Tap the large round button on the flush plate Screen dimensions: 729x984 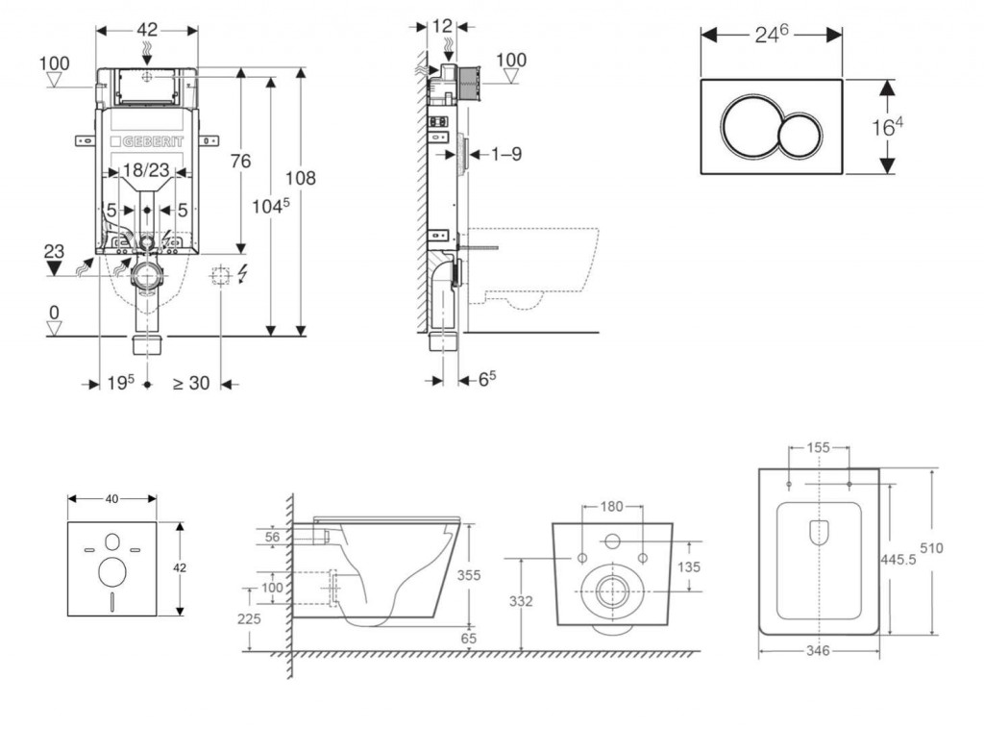747,127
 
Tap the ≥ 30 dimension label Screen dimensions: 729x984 190,383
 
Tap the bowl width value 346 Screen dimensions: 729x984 818,651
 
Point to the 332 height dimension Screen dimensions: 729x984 520,601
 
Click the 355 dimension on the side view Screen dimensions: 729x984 470,574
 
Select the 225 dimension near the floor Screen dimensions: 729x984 249,619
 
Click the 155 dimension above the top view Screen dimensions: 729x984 817,447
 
